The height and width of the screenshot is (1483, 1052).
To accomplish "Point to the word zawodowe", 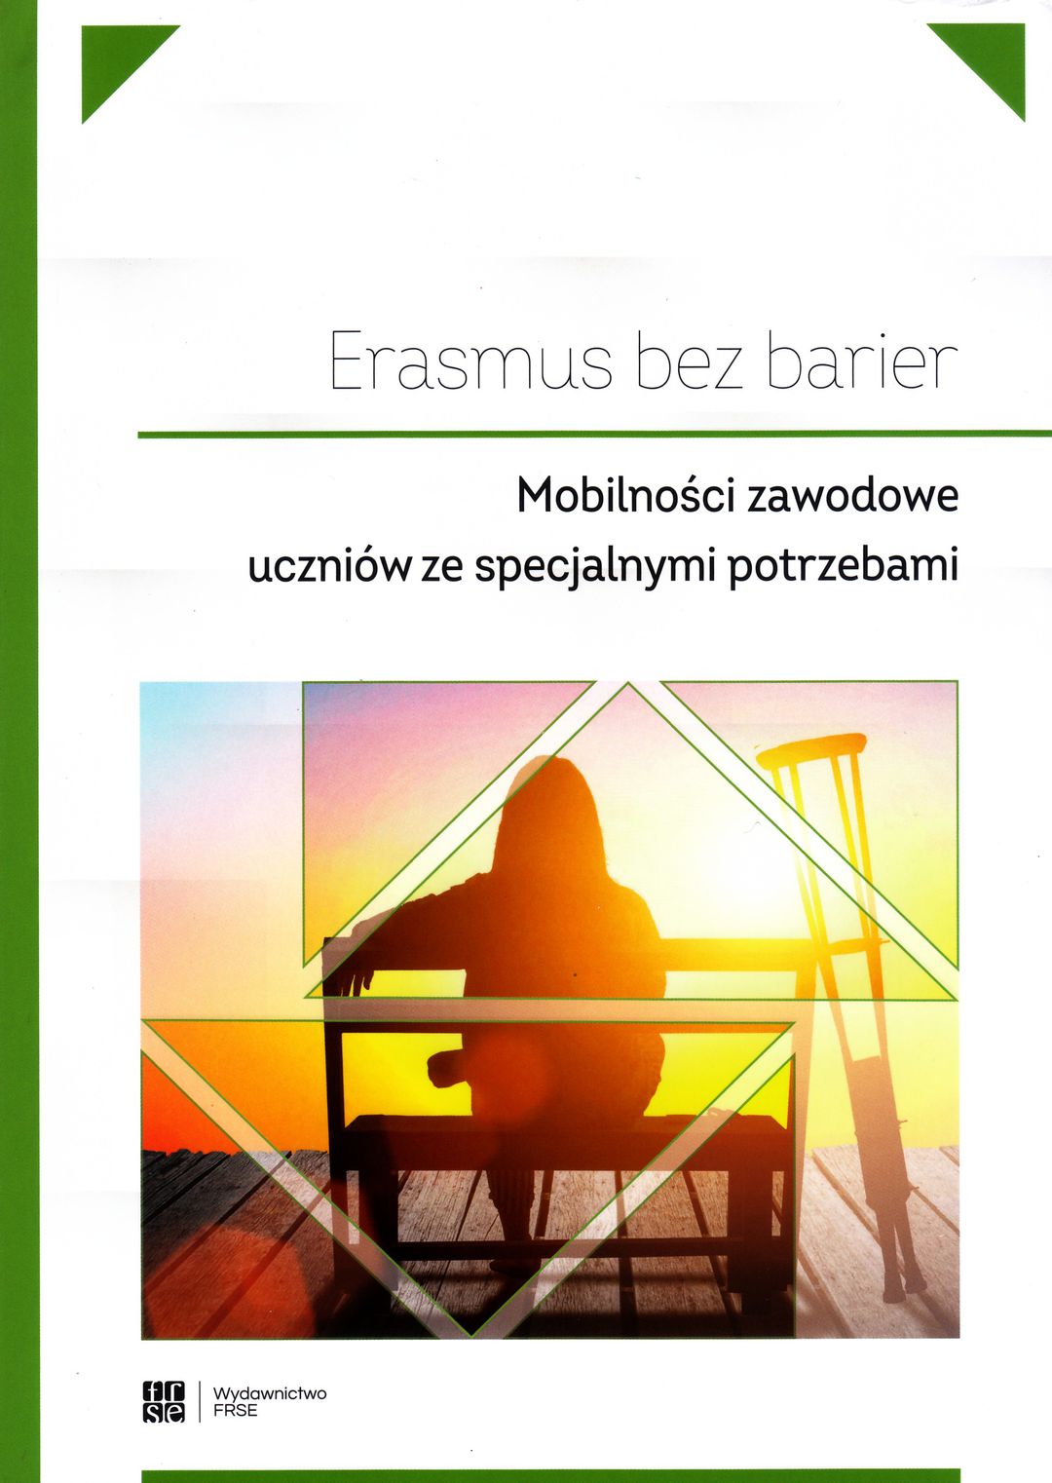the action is [852, 498].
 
